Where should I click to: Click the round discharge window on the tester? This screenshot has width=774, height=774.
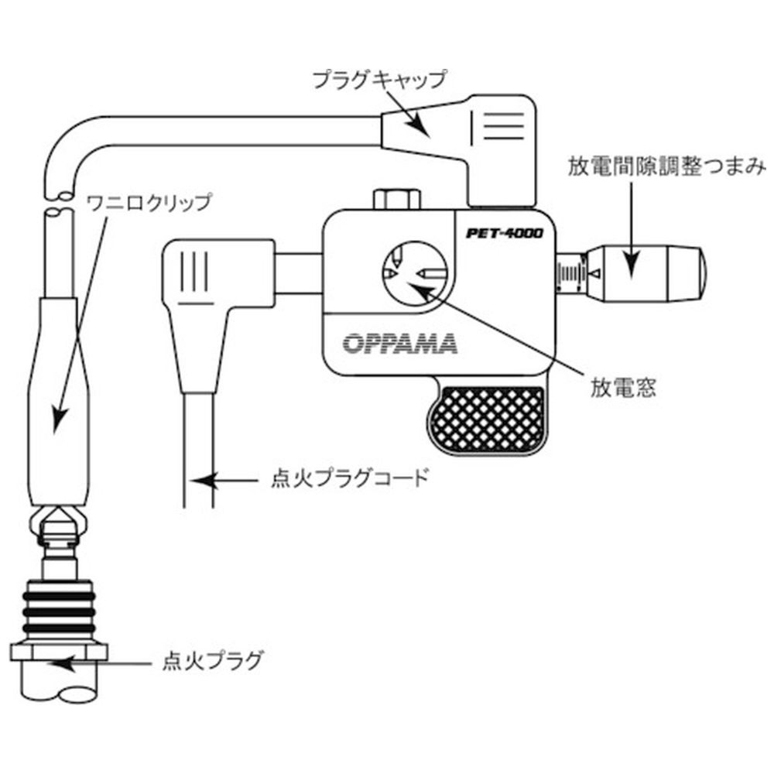point(415,272)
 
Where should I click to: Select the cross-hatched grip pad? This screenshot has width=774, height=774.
point(488,421)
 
